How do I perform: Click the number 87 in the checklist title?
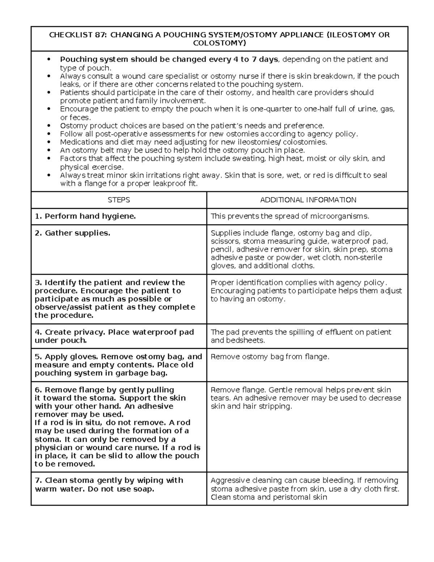click(101, 35)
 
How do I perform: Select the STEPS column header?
click(119, 200)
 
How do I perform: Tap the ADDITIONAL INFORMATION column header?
click(308, 200)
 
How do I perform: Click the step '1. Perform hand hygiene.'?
click(85, 216)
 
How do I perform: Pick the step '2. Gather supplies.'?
click(72, 233)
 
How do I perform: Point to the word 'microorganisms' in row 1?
click(342, 216)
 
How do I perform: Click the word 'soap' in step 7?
click(143, 489)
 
